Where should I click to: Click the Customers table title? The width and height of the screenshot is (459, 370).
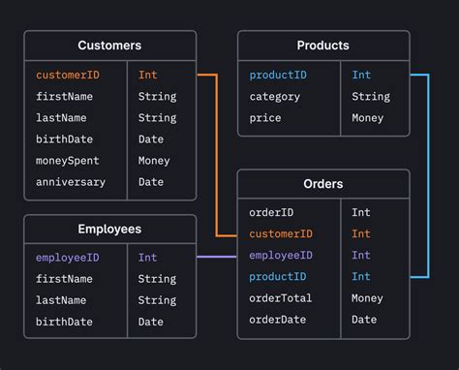tap(109, 46)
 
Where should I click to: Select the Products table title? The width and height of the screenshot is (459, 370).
tap(323, 46)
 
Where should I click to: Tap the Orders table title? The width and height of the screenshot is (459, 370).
tap(323, 184)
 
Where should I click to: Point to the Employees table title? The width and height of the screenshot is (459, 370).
tap(109, 230)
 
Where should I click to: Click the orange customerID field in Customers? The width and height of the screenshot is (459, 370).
tap(68, 75)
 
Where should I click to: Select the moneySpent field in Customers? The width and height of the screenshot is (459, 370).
tap(68, 161)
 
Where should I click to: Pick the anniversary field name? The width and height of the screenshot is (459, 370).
tap(71, 182)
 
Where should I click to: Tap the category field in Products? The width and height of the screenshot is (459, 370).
tap(275, 97)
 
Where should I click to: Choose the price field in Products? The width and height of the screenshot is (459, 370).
tap(265, 118)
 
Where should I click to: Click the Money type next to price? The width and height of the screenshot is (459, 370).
tap(369, 118)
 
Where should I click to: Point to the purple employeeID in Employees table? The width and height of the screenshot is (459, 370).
tap(68, 258)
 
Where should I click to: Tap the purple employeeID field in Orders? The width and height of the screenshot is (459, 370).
tap(281, 255)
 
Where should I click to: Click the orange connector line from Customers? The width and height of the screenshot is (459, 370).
tap(217, 155)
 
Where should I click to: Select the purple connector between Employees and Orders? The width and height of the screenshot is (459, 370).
tap(216, 257)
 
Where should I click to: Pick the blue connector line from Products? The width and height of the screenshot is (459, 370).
tap(427, 174)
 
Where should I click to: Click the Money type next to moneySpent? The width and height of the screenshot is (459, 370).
tap(154, 161)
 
